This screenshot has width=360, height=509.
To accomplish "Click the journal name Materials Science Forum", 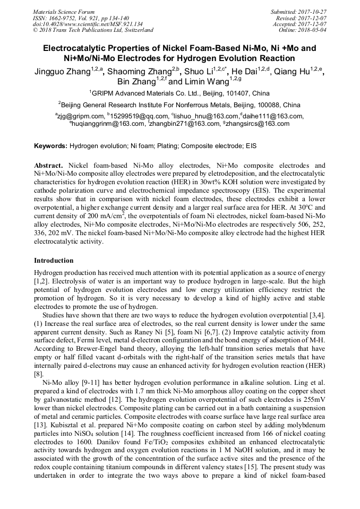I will click(x=63, y=12).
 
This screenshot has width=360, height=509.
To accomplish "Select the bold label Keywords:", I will click(x=51, y=145).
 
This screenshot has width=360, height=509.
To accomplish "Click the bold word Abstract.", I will click(x=48, y=165).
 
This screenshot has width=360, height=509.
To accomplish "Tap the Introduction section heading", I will click(x=54, y=261).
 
